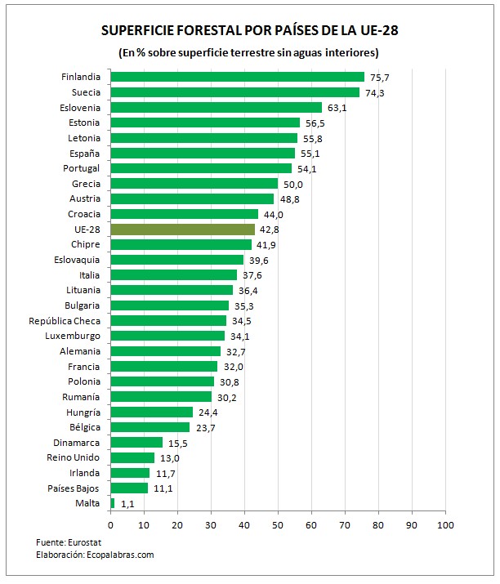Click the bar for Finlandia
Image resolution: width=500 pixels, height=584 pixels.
(x=237, y=77)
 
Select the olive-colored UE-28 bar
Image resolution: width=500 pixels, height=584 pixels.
(x=182, y=230)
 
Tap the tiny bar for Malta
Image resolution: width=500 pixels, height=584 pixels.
(x=113, y=503)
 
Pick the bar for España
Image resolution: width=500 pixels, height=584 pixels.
(x=203, y=153)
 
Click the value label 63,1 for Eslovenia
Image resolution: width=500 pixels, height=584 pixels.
(x=336, y=108)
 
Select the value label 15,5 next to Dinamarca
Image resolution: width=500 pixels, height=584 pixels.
(x=176, y=443)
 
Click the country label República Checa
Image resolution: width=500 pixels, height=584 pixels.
(x=65, y=320)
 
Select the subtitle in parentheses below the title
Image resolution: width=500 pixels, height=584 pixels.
(x=249, y=52)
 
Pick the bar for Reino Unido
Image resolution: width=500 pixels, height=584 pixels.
(x=132, y=457)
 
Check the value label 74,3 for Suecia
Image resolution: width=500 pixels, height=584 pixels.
(x=373, y=92)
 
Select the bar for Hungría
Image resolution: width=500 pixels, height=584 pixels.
(x=151, y=412)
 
